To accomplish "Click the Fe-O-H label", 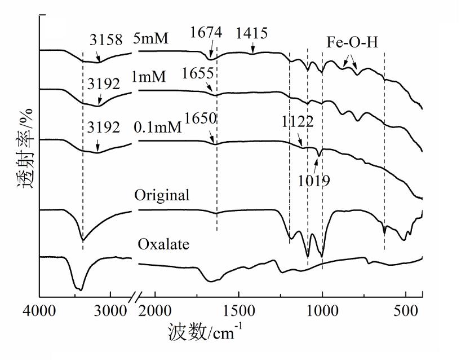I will tap(352, 43).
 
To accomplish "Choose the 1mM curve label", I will tap(149, 76).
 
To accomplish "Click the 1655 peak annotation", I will tap(198, 74).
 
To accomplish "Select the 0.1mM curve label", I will tap(158, 128).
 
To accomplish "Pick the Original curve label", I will tap(162, 195).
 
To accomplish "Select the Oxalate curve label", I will tap(163, 245).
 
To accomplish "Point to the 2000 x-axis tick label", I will tap(154, 311).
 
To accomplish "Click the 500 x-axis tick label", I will tap(406, 311).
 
